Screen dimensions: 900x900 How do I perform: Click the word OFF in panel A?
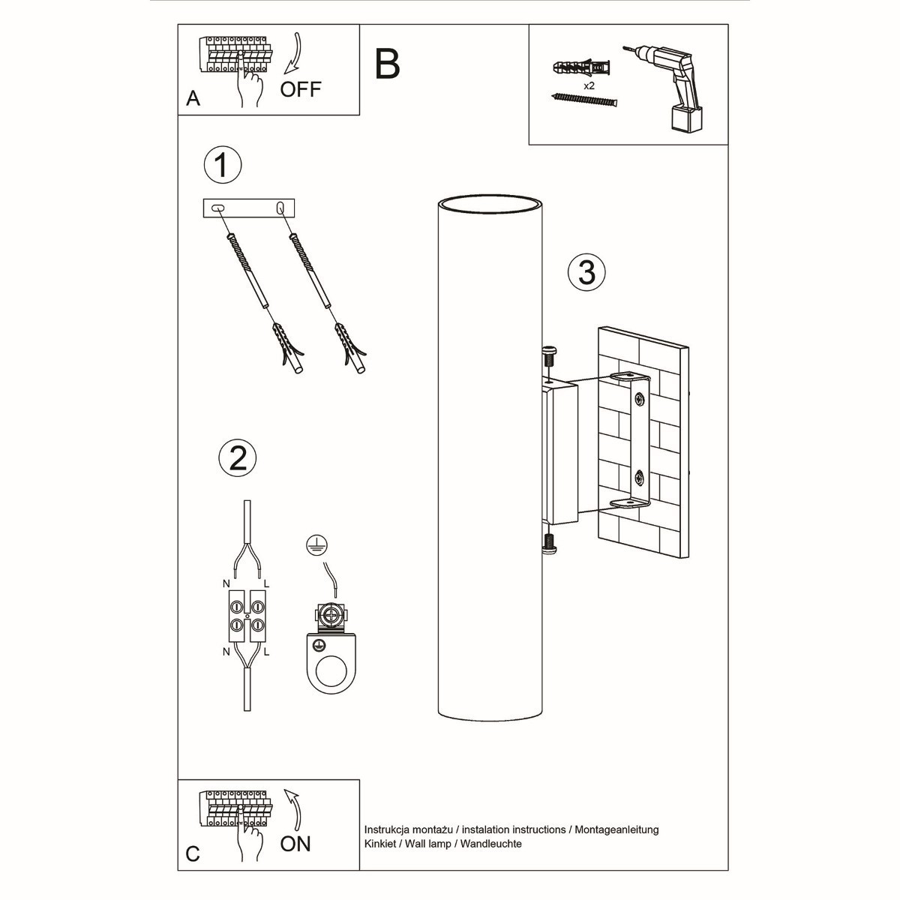(x=301, y=89)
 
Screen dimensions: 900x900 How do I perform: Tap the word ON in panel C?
(x=295, y=844)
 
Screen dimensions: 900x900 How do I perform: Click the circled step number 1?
(x=223, y=165)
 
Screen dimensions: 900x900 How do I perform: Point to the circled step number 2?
(x=237, y=457)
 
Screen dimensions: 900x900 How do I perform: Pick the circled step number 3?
(x=586, y=271)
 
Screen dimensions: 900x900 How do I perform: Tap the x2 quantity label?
(x=589, y=86)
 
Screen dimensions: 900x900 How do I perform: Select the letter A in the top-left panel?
(x=193, y=99)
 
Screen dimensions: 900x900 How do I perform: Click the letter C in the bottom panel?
(x=193, y=854)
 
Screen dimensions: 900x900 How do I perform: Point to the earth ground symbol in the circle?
(x=316, y=545)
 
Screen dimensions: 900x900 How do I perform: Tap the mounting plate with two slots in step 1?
(x=250, y=208)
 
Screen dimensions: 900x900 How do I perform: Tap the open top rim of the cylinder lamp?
(x=490, y=204)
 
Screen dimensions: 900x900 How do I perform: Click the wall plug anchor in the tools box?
(x=580, y=70)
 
